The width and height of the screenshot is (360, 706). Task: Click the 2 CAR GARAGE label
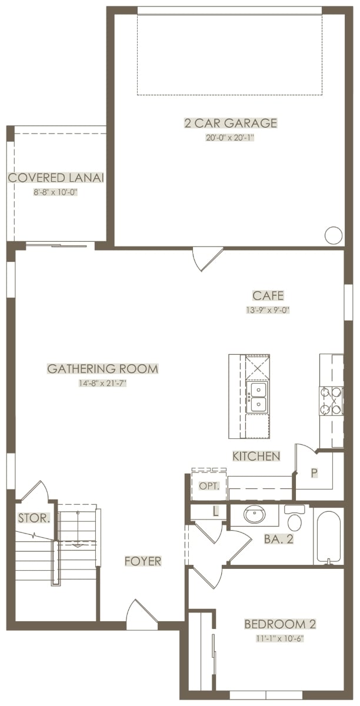[231, 122]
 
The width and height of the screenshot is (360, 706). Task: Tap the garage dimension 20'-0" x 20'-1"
[230, 138]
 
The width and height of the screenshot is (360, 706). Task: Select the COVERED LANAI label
[56, 178]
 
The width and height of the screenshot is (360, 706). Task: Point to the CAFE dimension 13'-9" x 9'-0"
[268, 310]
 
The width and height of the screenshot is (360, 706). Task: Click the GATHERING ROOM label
[102, 368]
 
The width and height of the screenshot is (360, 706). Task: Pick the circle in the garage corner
[333, 235]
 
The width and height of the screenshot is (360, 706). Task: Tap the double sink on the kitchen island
[258, 397]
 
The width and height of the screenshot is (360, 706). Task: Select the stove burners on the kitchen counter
[331, 400]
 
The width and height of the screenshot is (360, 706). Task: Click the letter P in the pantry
[314, 473]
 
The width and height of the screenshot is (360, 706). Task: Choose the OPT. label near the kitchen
[209, 486]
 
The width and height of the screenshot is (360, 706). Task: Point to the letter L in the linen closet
[216, 511]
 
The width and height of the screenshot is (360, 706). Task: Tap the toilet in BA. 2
[295, 518]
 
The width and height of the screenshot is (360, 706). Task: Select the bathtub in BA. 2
[328, 536]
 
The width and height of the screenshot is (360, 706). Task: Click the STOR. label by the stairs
[34, 518]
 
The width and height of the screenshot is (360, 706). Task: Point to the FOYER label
[143, 561]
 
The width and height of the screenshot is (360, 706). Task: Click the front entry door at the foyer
[142, 614]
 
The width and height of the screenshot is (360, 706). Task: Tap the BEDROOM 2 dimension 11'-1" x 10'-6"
[279, 638]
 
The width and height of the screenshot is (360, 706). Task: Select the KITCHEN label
[256, 456]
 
